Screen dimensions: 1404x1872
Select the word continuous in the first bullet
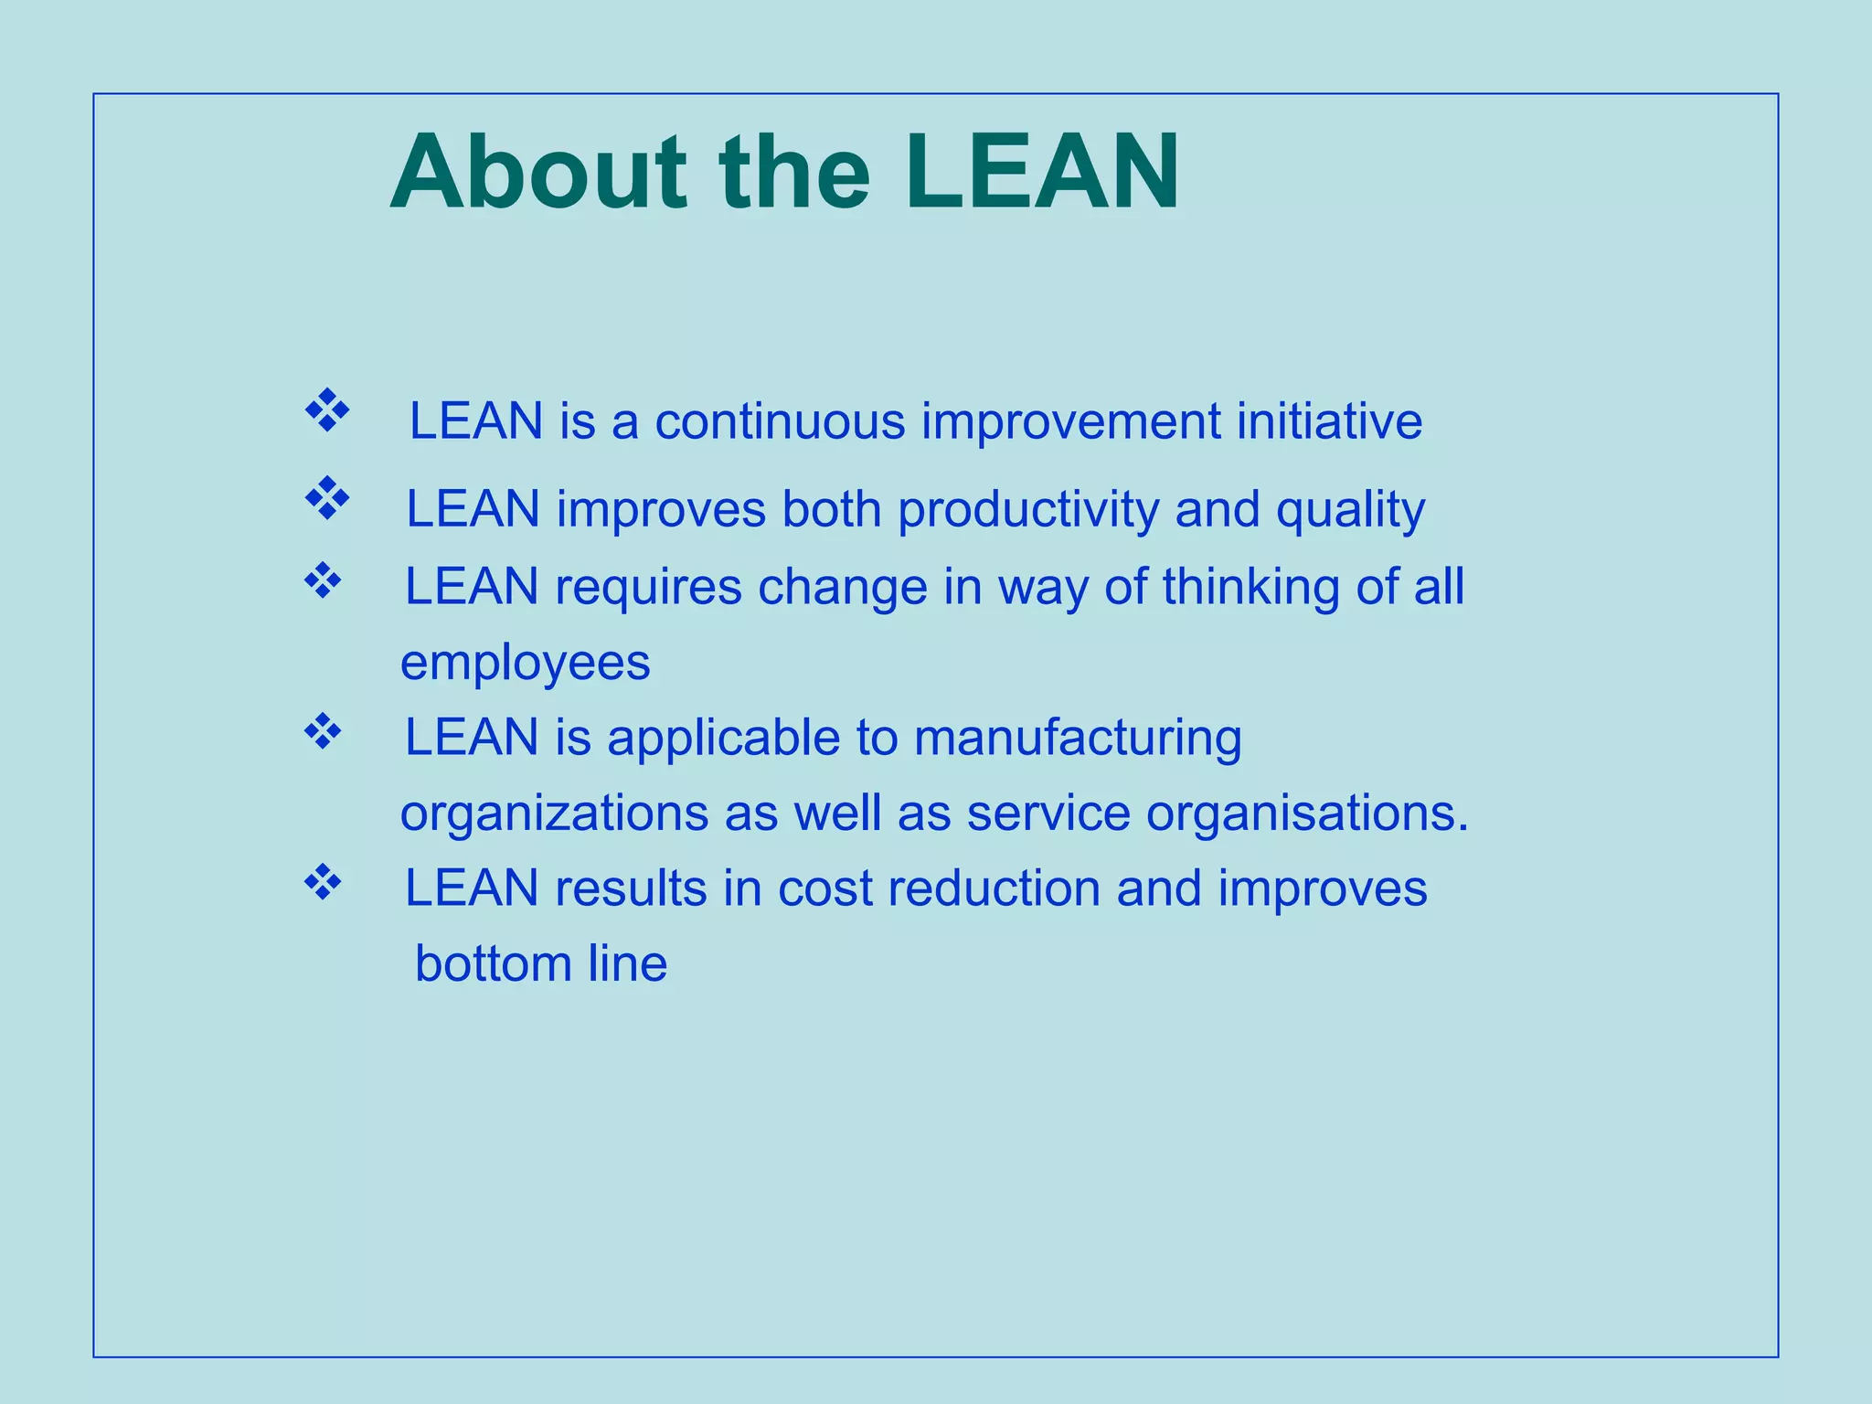(780, 421)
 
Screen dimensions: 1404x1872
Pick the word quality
(1350, 509)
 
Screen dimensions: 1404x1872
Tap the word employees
(526, 663)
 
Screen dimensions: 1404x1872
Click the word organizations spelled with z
(554, 813)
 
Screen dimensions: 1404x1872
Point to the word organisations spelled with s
(1306, 813)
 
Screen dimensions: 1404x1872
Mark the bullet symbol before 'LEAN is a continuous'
(326, 410)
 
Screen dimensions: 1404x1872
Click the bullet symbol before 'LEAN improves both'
(326, 498)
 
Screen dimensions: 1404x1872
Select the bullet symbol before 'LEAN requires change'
(322, 580)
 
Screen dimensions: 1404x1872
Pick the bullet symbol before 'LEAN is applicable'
(322, 731)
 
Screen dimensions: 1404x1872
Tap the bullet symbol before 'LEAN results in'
(322, 882)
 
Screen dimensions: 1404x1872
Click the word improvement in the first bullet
(1070, 421)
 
